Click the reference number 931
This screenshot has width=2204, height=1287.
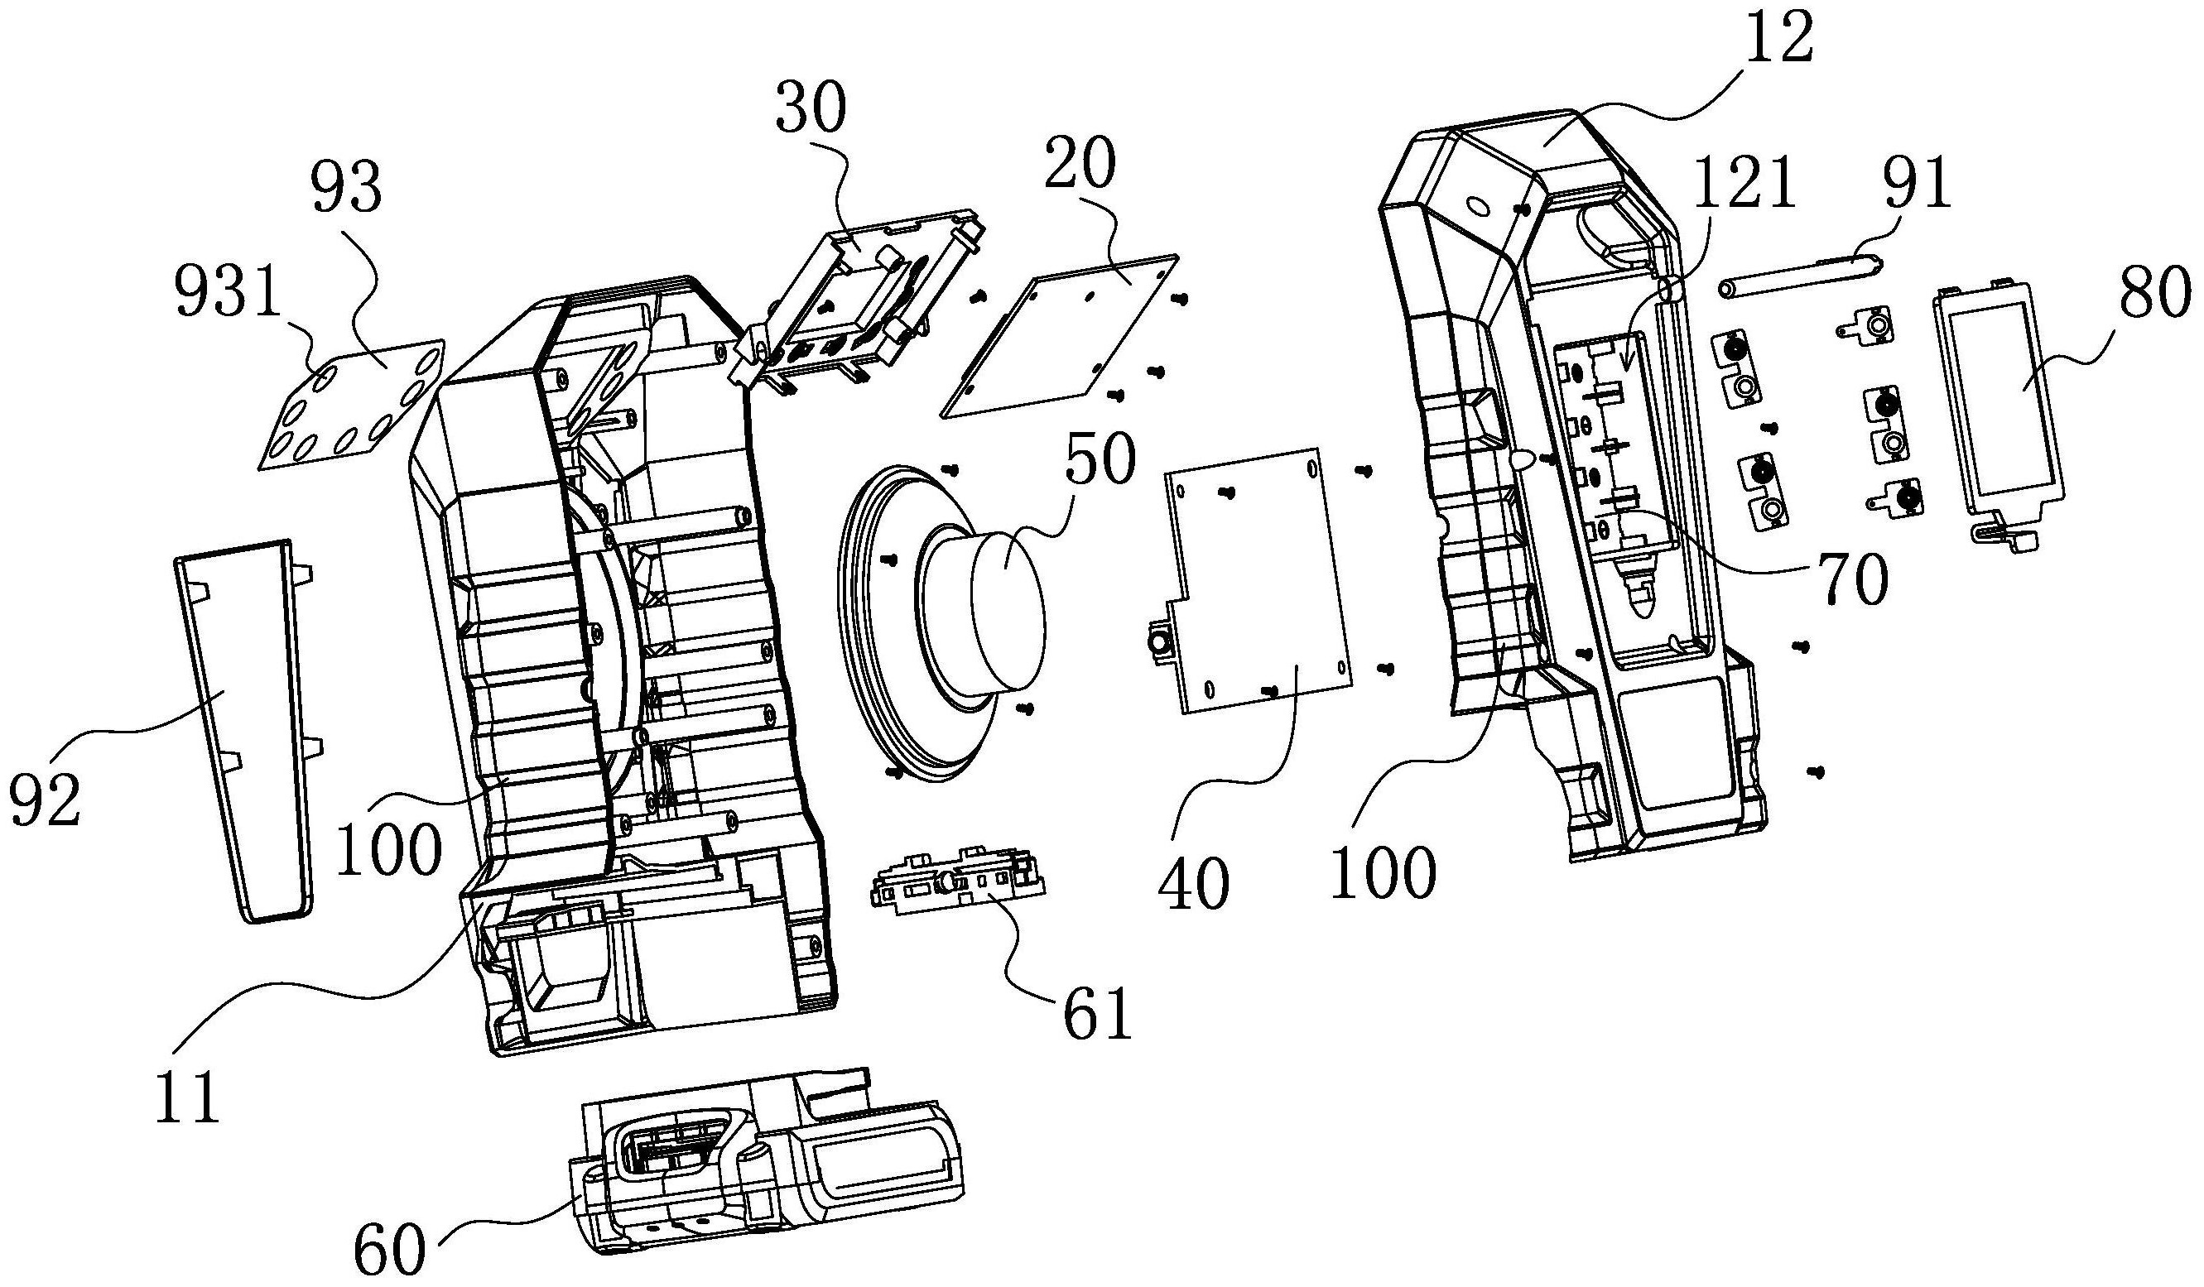[x=227, y=295]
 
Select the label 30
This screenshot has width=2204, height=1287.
[x=811, y=107]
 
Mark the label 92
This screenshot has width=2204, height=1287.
[x=46, y=800]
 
